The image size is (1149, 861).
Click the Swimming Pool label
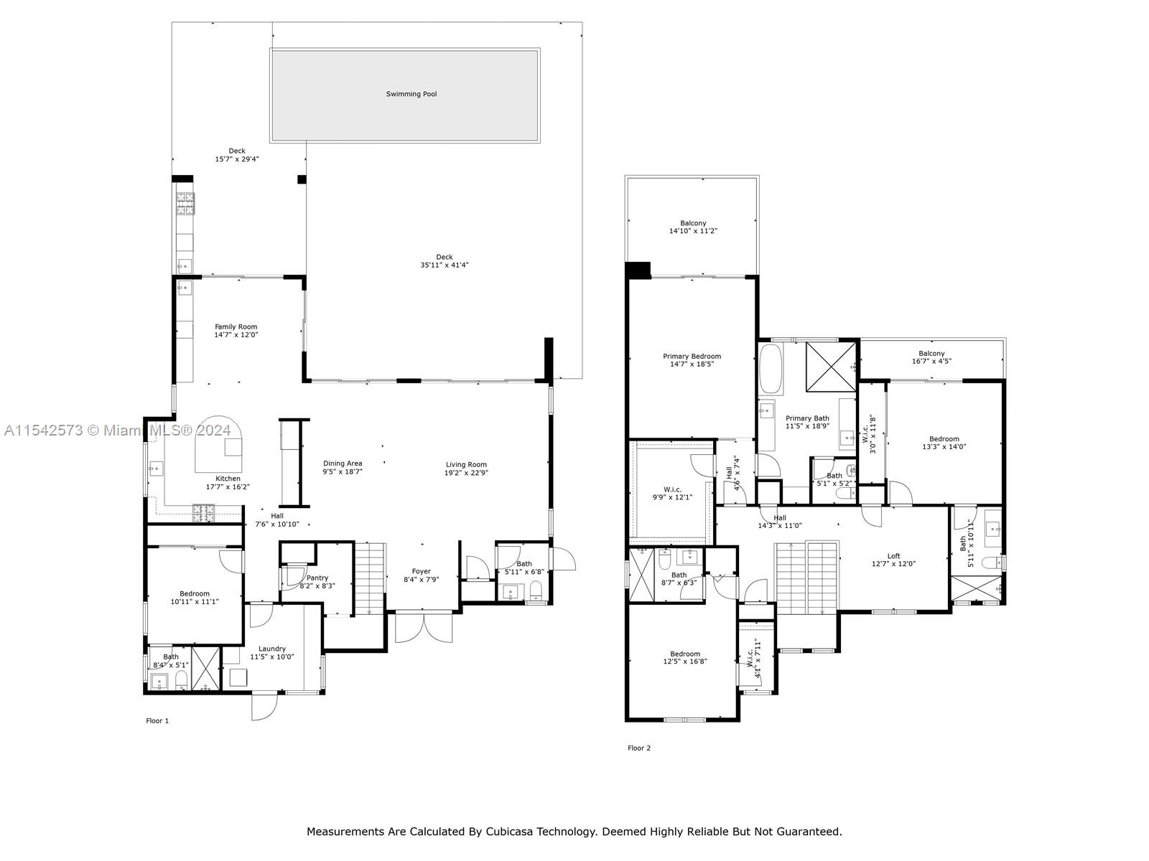(411, 94)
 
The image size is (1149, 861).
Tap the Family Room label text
(236, 327)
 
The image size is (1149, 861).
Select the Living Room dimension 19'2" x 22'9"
(466, 473)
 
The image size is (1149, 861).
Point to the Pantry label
(317, 578)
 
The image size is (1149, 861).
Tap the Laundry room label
(272, 649)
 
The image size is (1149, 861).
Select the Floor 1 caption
(157, 720)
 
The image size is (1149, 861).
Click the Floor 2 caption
(638, 748)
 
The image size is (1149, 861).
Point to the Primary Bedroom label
(692, 357)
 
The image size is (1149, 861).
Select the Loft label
(893, 556)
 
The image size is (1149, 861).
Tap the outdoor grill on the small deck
(185, 204)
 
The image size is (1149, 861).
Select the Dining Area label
(343, 464)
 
